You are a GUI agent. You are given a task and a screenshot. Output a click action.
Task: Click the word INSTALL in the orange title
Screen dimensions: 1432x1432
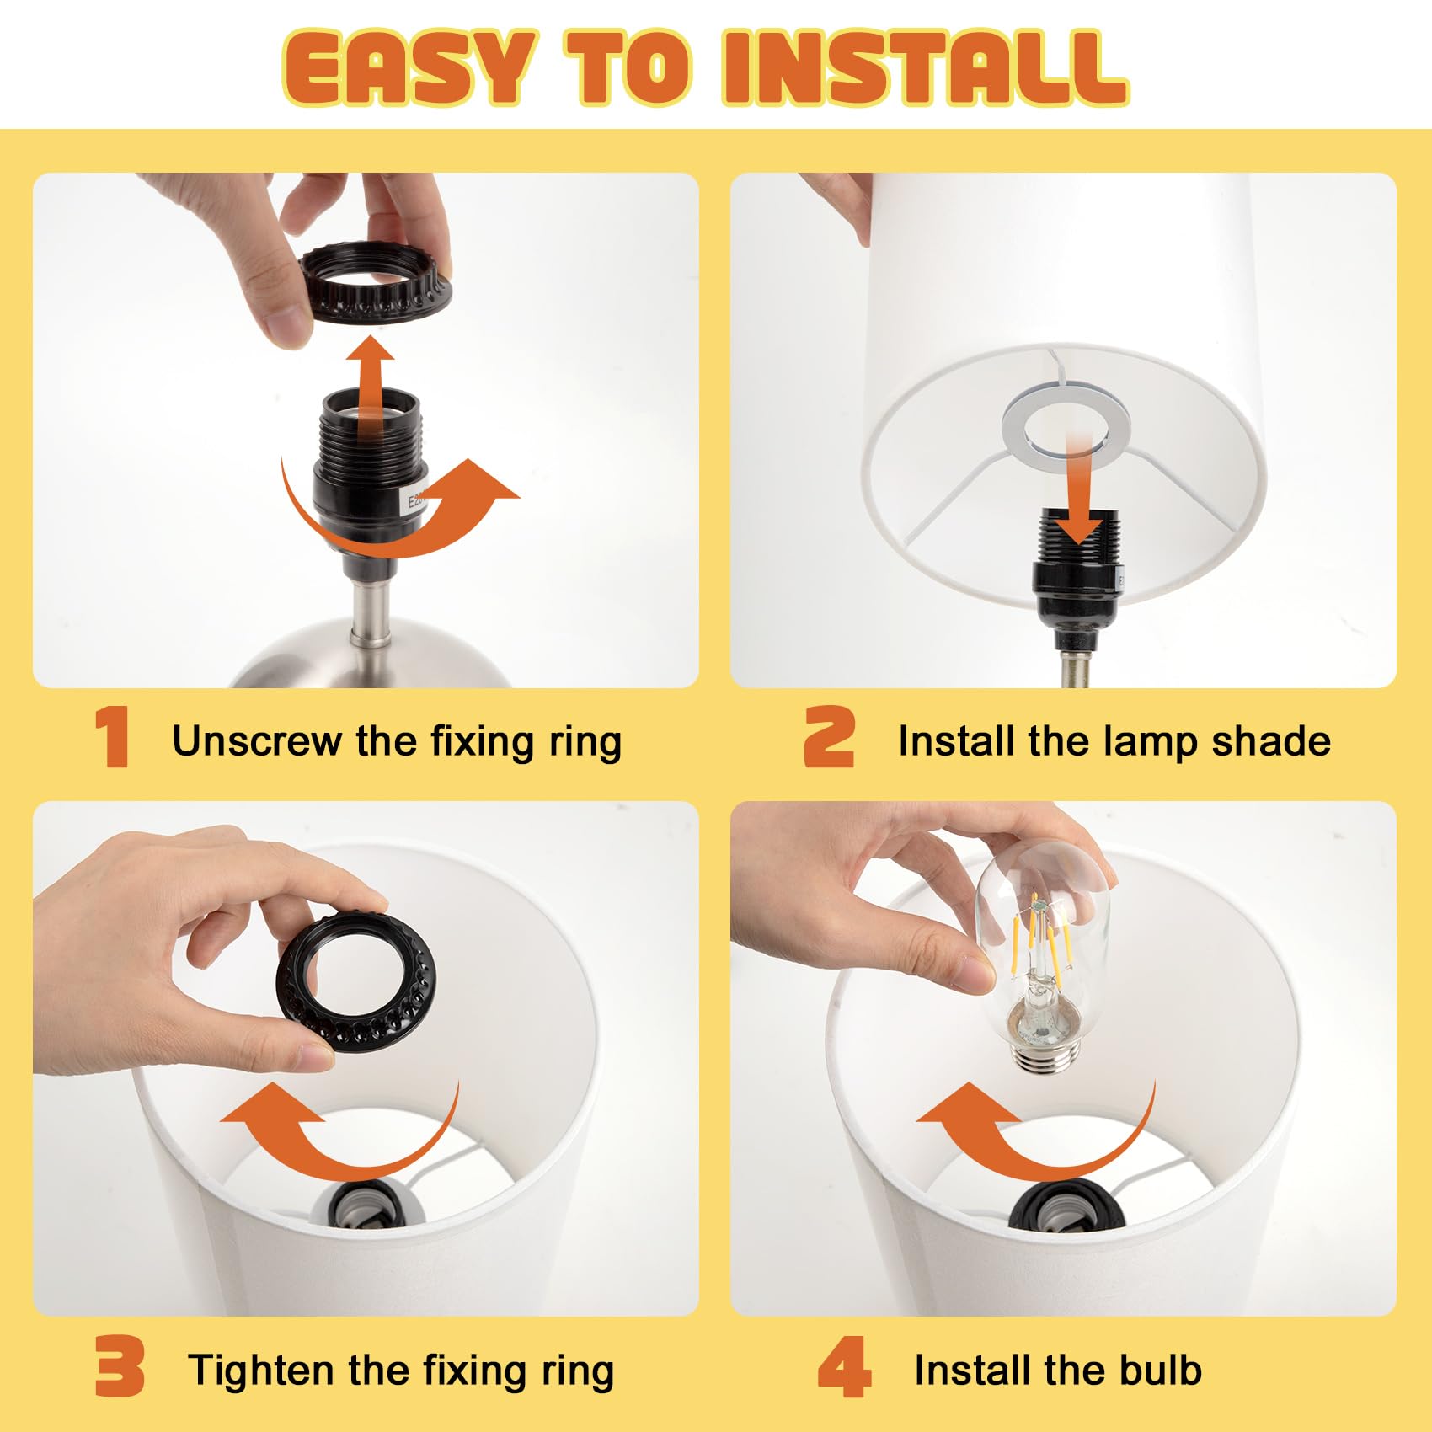click(925, 67)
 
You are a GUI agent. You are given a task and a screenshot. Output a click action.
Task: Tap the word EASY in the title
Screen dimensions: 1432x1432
click(409, 67)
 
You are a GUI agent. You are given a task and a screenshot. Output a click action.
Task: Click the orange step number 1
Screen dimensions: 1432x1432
click(112, 737)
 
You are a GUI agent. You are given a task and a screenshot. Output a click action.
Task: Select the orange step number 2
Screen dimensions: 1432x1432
click(829, 737)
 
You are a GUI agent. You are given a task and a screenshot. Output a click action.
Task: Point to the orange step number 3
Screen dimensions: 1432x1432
click(120, 1366)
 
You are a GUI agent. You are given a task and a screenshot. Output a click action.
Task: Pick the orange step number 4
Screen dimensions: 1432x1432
click(844, 1366)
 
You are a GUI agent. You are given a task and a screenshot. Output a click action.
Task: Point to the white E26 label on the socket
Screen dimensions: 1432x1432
click(414, 502)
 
